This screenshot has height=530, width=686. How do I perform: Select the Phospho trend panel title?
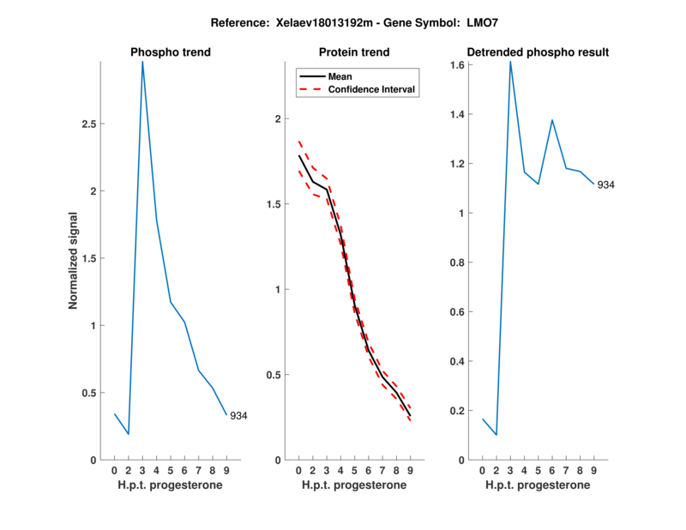coord(171,52)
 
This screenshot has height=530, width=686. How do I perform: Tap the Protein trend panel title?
coord(354,52)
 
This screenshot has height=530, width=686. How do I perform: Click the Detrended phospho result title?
coord(539,52)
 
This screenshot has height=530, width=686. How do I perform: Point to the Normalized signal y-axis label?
coord(74,261)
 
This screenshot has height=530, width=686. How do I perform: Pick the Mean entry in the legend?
coord(340,76)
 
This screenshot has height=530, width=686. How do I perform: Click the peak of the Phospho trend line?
coord(142,61)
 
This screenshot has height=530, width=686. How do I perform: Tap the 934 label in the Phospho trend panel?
coord(238,416)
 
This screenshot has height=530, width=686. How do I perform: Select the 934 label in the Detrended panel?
coord(606,184)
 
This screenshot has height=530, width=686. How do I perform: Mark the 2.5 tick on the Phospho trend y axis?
coord(89,124)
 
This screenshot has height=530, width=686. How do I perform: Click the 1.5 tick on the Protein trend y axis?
coord(274,204)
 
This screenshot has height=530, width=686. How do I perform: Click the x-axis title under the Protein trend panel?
coord(354,485)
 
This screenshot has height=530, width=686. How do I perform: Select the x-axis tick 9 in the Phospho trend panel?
coord(226,470)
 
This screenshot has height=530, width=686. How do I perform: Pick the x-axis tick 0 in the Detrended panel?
coord(482,470)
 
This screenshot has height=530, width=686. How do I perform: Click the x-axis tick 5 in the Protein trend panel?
coord(354,470)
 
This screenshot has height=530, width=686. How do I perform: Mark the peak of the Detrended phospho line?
coord(510,61)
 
